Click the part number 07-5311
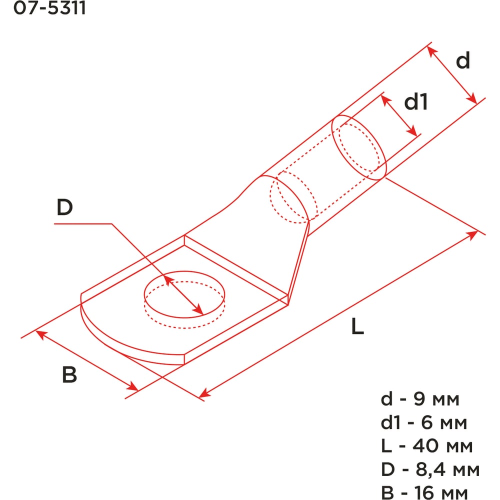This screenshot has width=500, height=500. tap(49, 7)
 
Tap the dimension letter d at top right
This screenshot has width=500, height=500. tap(463, 60)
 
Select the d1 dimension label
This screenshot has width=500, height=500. tap(416, 102)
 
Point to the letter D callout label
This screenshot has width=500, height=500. tap(64, 207)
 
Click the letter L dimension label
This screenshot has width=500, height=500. tap(357, 326)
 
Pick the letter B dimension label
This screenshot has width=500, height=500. tap(69, 374)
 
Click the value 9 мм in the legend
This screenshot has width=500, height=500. tap(436, 399)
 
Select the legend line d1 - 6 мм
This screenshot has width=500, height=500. tap(424, 422)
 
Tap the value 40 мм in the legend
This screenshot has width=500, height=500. tap(442, 446)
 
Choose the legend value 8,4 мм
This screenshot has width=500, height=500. tap(447, 469)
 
